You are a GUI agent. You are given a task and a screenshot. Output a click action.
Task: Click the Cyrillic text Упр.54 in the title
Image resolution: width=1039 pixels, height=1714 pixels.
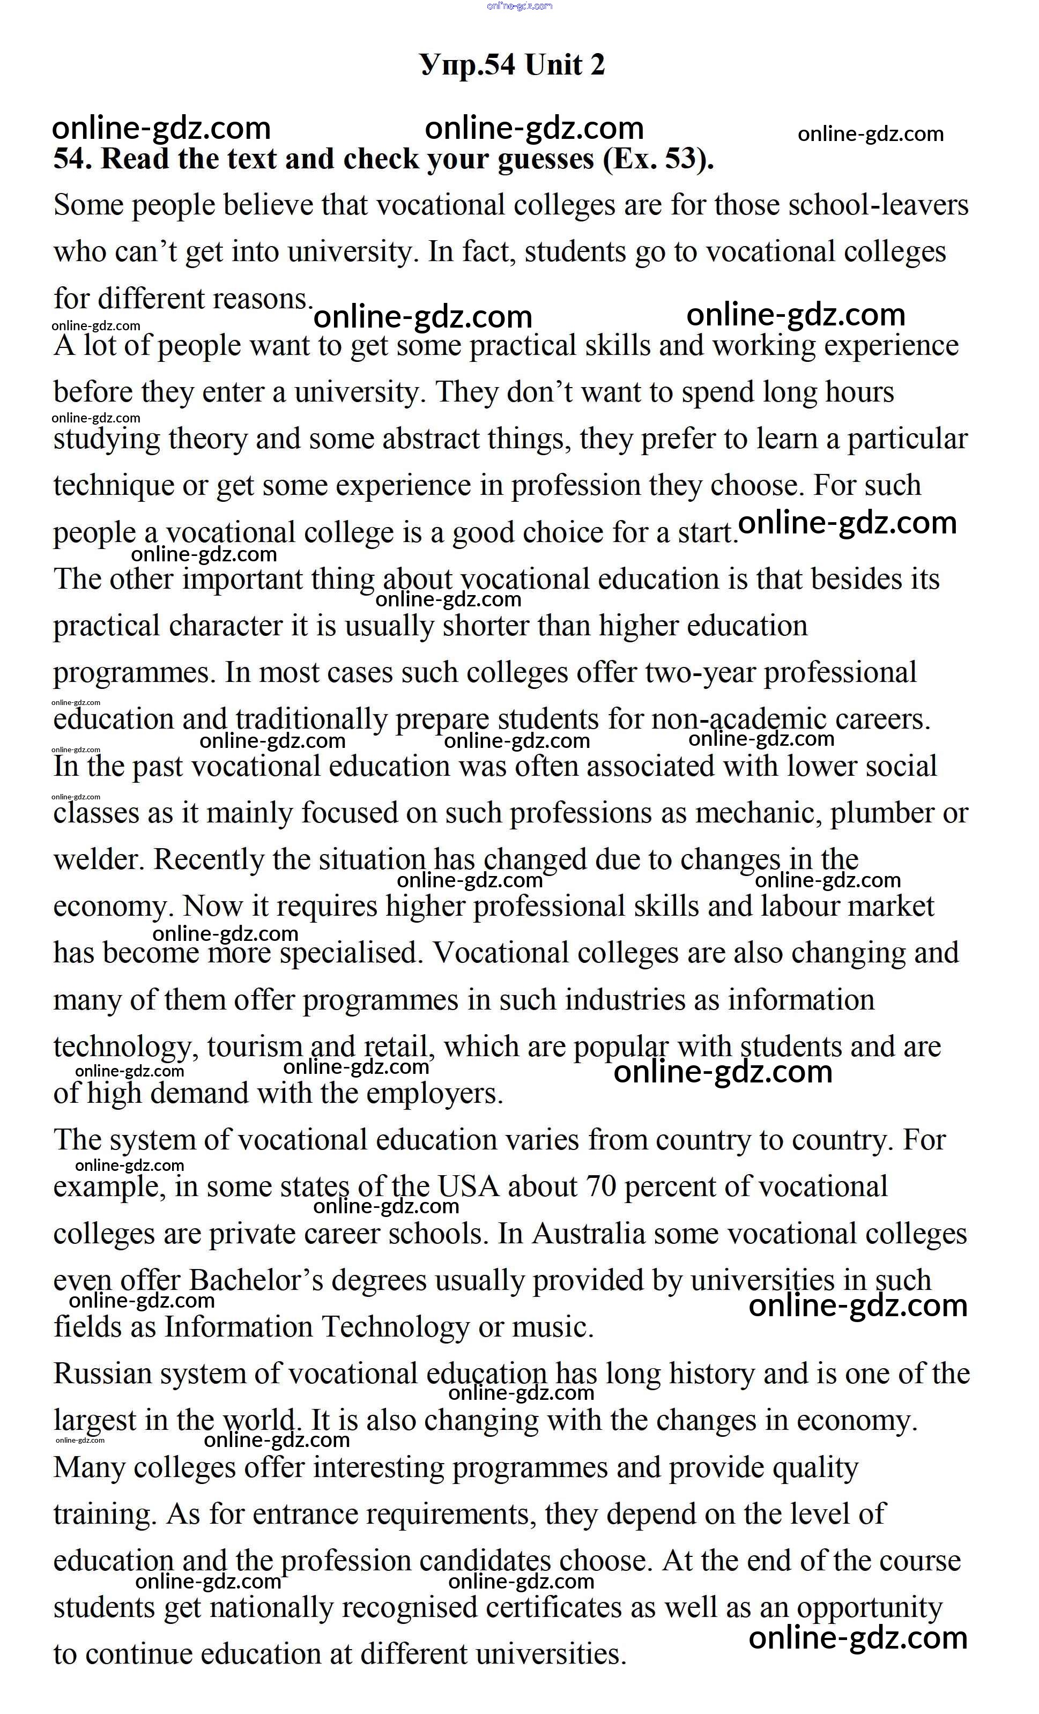pos(467,65)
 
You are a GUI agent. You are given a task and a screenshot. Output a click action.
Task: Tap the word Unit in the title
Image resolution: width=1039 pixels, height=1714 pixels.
pos(553,65)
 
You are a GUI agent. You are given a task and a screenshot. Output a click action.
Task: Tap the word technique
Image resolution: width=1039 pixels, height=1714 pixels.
pos(113,486)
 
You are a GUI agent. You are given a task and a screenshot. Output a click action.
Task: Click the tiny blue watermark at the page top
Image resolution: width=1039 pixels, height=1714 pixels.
pos(519,6)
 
